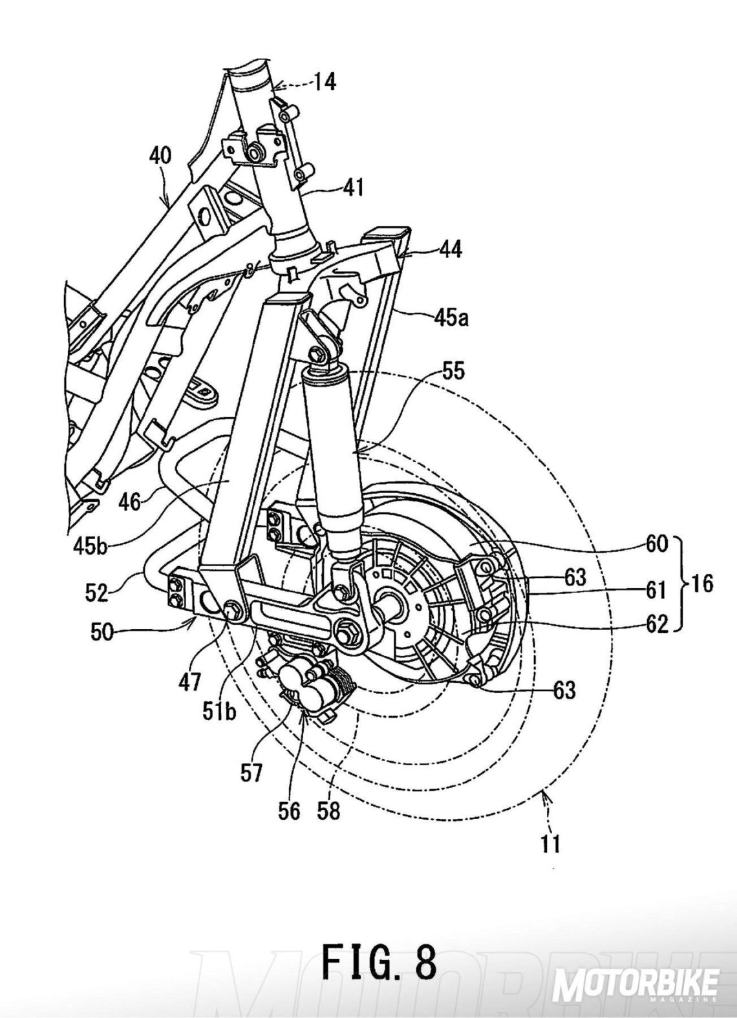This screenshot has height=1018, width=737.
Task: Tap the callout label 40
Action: pyautogui.click(x=161, y=156)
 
